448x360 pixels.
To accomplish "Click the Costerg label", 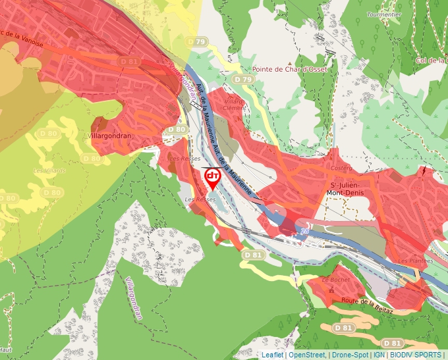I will pyautogui.click(x=341, y=168).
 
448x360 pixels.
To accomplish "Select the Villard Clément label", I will pyautogui.click(x=234, y=105).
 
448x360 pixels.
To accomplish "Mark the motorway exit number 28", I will pyautogui.click(x=304, y=230).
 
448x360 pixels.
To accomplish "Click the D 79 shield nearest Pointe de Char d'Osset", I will pyautogui.click(x=244, y=80).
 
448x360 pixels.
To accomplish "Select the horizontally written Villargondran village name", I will pyautogui.click(x=110, y=136).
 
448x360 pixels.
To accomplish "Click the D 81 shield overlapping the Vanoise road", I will pyautogui.click(x=130, y=61).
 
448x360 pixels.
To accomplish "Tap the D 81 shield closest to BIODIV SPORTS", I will pyautogui.click(x=392, y=343).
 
